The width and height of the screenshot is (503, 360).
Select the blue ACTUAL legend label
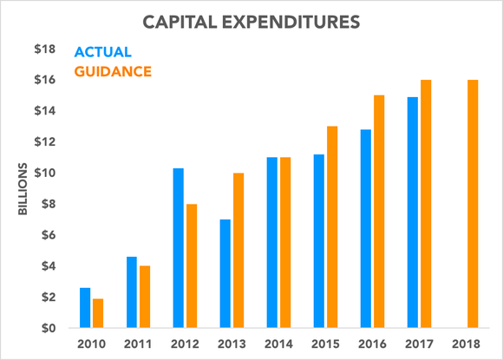coord(104,53)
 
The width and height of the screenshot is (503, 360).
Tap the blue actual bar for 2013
coord(225,274)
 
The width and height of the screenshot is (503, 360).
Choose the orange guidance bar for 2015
coord(333,227)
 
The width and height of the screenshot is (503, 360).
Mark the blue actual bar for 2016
coord(365,229)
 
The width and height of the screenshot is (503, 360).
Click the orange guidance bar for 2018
coord(473,204)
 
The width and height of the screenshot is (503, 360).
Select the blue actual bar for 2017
coord(412,213)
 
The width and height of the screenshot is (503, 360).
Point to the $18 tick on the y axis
coord(45,49)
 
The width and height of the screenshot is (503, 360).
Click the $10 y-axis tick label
coord(45,173)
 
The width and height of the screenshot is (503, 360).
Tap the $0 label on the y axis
coord(48,328)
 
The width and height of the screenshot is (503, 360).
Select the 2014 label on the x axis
coord(278,344)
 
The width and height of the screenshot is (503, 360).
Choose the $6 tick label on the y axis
coord(48,235)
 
